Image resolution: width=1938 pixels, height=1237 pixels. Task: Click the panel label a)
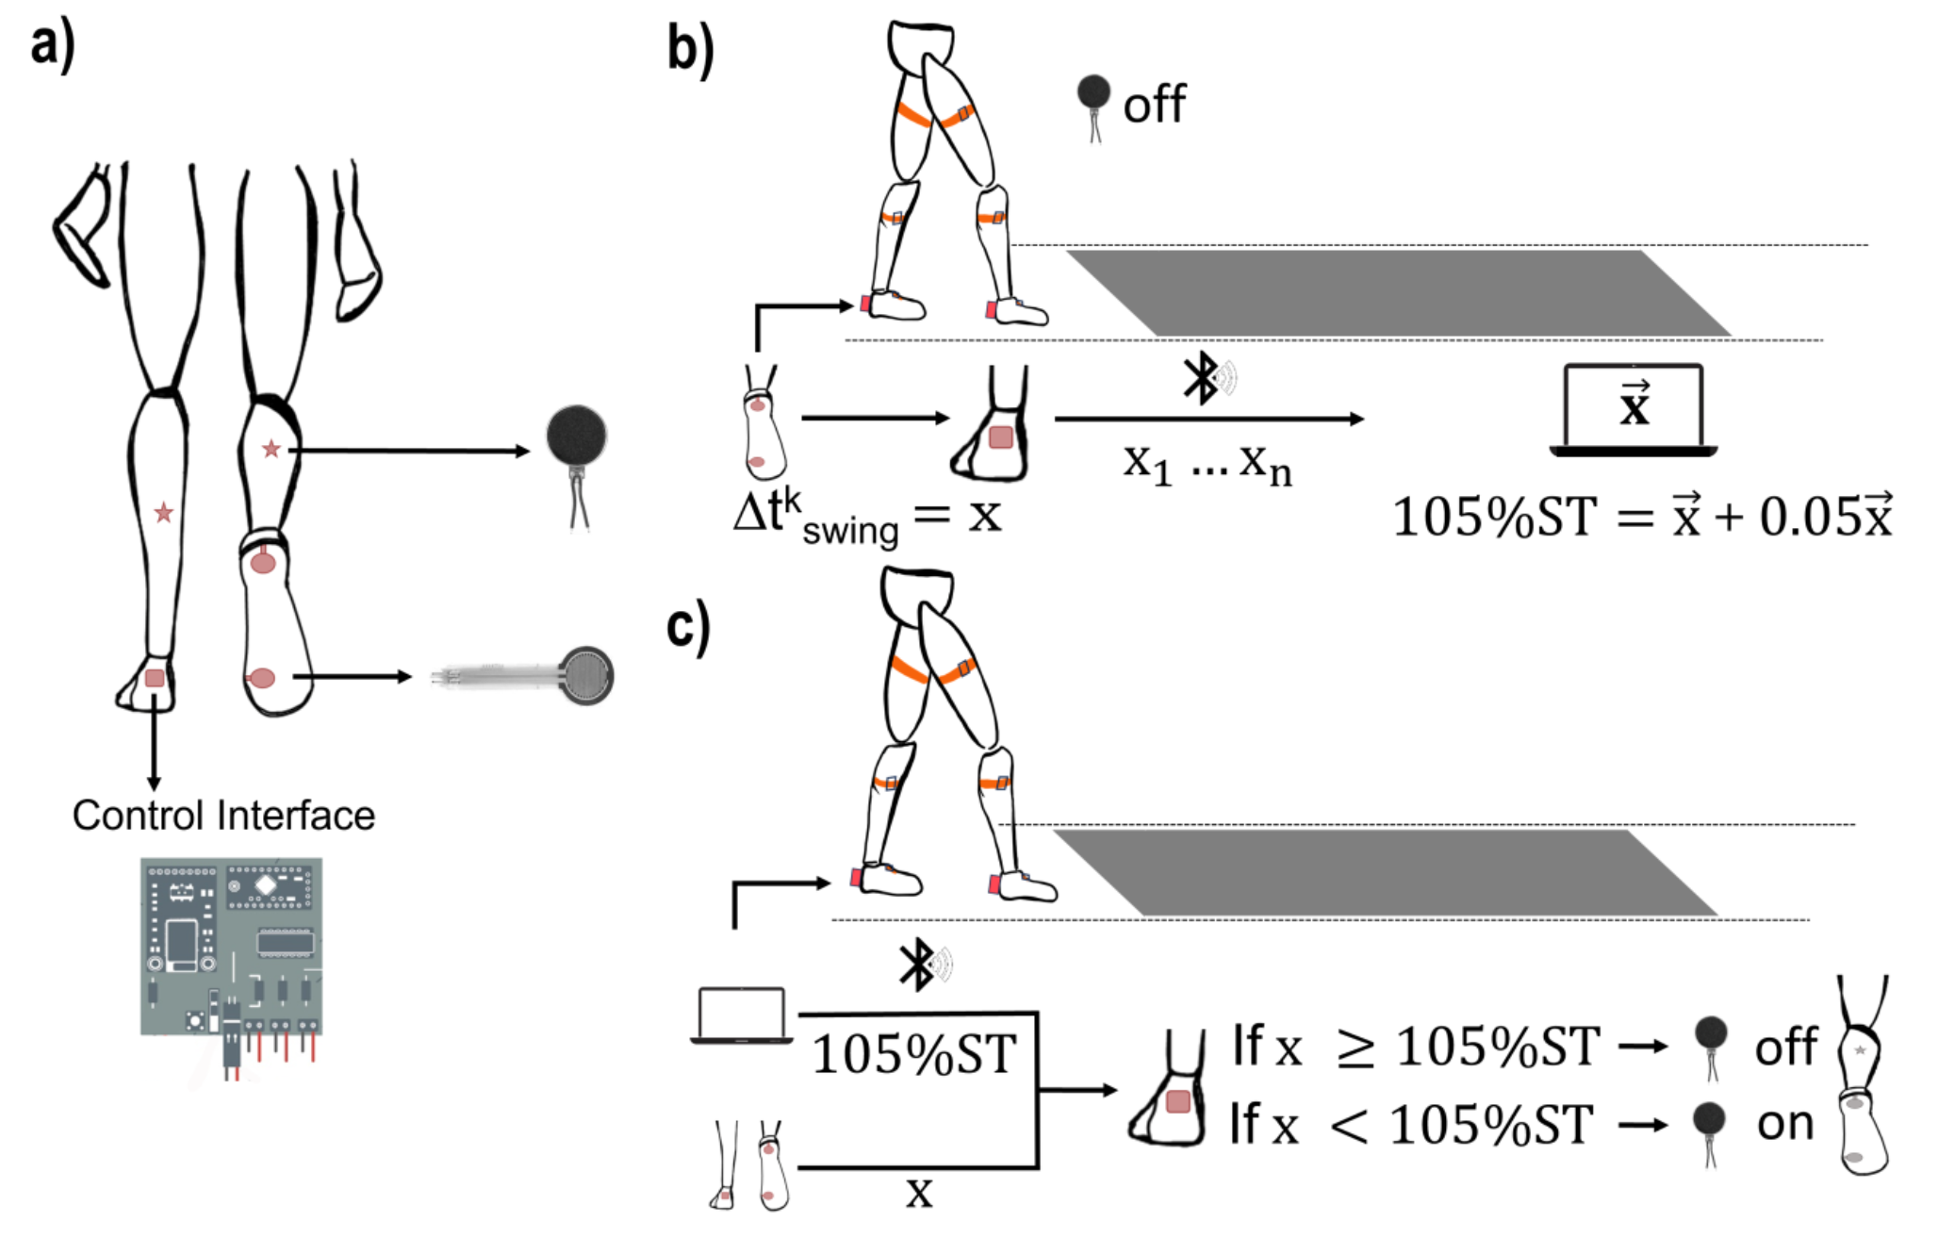(x=52, y=46)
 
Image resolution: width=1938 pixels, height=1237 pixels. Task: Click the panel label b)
(x=690, y=50)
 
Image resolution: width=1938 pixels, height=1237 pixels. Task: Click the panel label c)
(x=688, y=626)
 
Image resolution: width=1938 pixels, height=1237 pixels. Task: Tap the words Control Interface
(x=223, y=816)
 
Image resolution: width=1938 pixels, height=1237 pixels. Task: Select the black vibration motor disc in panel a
(x=577, y=437)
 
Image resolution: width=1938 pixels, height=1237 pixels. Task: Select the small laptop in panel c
(x=741, y=1015)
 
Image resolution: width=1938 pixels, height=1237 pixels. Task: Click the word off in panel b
(x=1154, y=105)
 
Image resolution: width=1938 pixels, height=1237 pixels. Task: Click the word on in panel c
(x=1784, y=1123)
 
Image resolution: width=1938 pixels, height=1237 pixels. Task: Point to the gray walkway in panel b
(x=1398, y=292)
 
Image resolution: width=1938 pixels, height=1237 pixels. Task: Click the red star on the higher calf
(x=271, y=449)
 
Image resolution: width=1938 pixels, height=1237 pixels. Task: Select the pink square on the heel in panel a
(x=155, y=678)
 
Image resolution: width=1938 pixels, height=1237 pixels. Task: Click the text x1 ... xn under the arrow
(x=1207, y=464)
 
